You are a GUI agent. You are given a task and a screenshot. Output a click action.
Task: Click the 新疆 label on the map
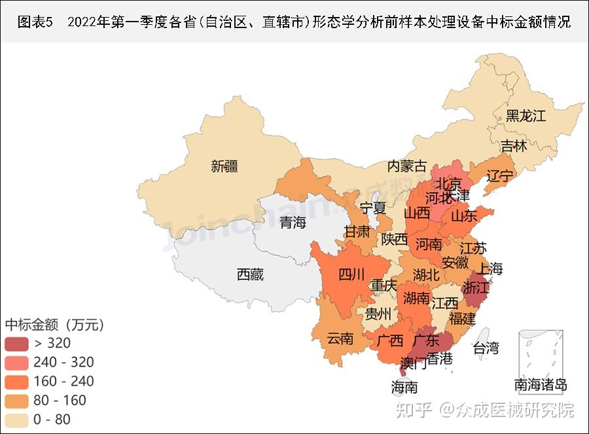(224, 167)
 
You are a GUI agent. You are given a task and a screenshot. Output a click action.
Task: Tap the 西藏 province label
(250, 275)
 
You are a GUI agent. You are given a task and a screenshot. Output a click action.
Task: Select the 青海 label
(293, 223)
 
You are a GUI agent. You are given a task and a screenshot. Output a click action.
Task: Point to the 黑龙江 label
(525, 116)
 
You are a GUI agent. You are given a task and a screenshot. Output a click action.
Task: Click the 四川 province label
(351, 275)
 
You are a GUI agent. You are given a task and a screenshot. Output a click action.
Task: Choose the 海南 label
(404, 387)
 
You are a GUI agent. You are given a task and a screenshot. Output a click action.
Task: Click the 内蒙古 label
(406, 166)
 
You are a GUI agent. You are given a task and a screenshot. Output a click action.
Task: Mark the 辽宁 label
(501, 175)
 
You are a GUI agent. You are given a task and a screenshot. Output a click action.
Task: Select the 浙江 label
(475, 288)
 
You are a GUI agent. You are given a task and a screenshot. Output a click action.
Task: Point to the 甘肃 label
(357, 231)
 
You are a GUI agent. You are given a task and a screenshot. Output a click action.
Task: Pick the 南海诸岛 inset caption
(540, 385)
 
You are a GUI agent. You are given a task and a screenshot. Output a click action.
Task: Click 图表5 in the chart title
(34, 22)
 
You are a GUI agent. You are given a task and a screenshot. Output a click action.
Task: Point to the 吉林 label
(514, 146)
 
